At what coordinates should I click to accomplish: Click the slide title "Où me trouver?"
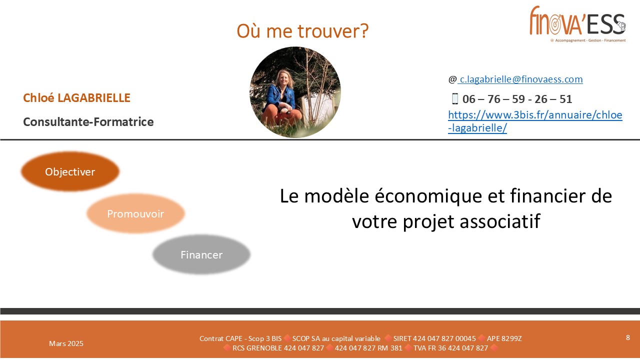[302, 31]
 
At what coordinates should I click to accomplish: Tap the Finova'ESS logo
[577, 24]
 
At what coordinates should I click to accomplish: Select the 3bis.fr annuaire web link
[535, 121]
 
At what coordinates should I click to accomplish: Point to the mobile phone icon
[455, 98]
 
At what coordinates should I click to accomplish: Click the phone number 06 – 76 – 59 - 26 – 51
[517, 99]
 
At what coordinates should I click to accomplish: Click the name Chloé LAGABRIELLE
[76, 97]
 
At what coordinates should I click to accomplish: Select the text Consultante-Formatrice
[88, 121]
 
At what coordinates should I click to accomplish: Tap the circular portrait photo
[295, 92]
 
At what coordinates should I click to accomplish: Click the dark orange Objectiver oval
[70, 171]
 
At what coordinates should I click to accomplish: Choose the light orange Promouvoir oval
[135, 213]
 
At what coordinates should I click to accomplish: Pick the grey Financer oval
[201, 254]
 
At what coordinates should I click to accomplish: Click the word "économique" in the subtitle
[428, 196]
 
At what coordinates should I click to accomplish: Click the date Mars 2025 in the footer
[66, 343]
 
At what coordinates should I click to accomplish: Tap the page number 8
[627, 337]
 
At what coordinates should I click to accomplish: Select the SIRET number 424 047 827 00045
[434, 338]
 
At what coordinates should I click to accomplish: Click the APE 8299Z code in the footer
[504, 338]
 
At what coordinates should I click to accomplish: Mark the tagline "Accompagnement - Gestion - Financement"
[590, 40]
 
